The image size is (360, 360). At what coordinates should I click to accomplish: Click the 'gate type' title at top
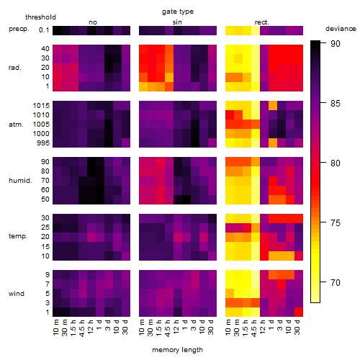pyautogui.click(x=178, y=12)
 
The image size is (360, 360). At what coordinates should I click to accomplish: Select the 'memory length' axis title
pyautogui.click(x=177, y=350)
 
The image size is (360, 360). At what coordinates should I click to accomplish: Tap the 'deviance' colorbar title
pyautogui.click(x=341, y=29)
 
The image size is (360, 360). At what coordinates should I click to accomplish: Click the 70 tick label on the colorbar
pyautogui.click(x=336, y=283)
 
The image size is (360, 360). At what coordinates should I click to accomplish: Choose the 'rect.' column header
pyautogui.click(x=261, y=22)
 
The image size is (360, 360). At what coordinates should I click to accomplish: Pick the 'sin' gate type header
pyautogui.click(x=177, y=22)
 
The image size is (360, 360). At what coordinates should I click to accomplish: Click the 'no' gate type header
pyautogui.click(x=93, y=22)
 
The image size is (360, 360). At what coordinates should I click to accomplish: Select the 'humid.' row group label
pyautogui.click(x=20, y=181)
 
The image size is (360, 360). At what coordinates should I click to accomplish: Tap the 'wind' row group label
pyautogui.click(x=17, y=294)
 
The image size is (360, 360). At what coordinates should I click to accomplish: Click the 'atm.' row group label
pyautogui.click(x=16, y=125)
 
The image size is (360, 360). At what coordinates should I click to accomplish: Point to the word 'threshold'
pyautogui.click(x=40, y=17)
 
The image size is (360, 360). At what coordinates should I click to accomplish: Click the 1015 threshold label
pyautogui.click(x=41, y=106)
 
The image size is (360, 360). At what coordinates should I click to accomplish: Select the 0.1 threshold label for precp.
pyautogui.click(x=44, y=30)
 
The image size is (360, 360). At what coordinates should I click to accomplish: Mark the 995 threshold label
pyautogui.click(x=43, y=143)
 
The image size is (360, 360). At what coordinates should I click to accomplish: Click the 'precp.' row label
pyautogui.click(x=19, y=29)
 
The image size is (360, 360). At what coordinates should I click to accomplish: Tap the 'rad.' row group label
pyautogui.click(x=15, y=68)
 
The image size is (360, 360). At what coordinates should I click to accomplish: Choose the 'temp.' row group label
pyautogui.click(x=18, y=236)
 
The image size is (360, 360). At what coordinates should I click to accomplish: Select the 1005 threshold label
pyautogui.click(x=41, y=125)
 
